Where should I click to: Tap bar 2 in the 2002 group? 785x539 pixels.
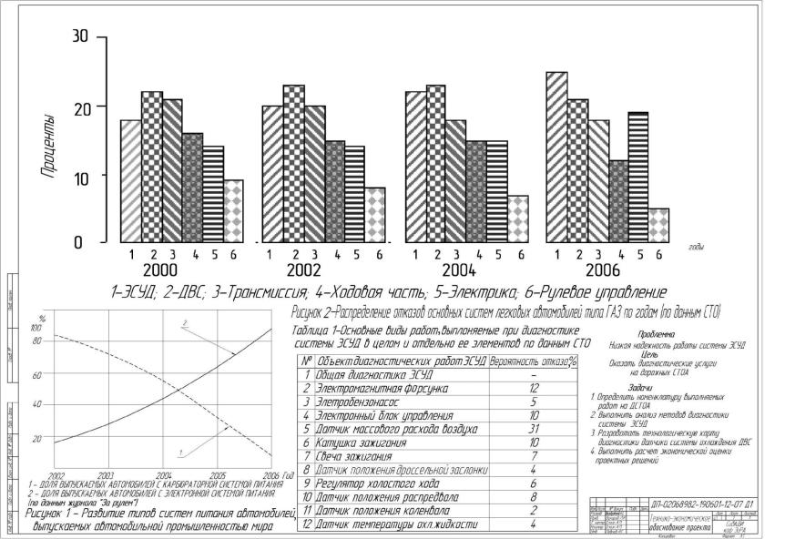pyautogui.click(x=293, y=164)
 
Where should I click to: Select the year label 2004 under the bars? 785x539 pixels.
pyautogui.click(x=461, y=271)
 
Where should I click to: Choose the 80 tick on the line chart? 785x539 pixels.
pyautogui.click(x=37, y=341)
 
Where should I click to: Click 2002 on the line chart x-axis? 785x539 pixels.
pyautogui.click(x=56, y=475)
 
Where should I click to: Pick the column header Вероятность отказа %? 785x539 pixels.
pyautogui.click(x=534, y=361)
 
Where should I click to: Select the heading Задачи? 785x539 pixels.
pyautogui.click(x=652, y=387)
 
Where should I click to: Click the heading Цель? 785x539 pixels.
pyautogui.click(x=652, y=354)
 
